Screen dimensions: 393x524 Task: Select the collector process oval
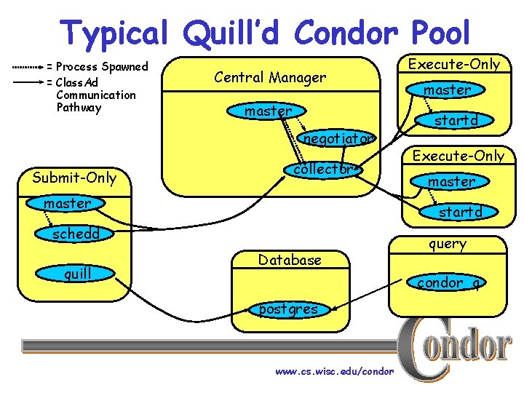322,169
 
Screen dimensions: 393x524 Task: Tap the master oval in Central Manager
269,111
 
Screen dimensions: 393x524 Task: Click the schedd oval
76,234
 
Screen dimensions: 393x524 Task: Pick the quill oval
76,274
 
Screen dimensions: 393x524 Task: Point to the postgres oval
288,309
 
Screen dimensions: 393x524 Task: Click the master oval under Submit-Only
67,203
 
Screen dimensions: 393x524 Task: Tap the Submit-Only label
74,177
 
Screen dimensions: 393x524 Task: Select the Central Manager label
270,76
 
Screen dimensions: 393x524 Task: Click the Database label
290,260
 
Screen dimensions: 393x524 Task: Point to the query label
448,244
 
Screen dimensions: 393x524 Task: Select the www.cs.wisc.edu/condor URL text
334,371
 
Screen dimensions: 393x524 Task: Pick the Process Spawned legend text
102,66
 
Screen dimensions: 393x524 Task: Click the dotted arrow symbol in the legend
27,66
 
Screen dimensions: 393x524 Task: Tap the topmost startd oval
455,119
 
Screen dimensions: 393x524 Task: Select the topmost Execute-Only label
454,64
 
